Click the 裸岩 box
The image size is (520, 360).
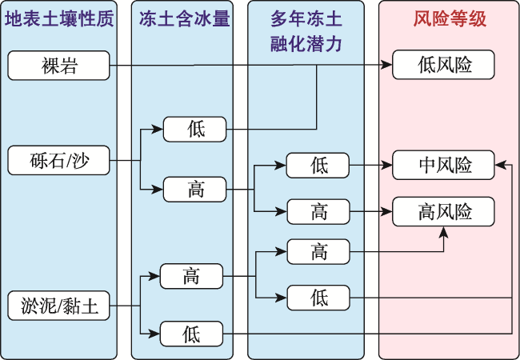[58, 66]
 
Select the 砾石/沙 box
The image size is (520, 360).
[58, 161]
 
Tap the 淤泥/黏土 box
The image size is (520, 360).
[58, 306]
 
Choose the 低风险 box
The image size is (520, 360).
[443, 65]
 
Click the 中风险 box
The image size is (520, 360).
[443, 165]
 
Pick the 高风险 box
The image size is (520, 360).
[443, 211]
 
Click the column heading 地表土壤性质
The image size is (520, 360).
[59, 18]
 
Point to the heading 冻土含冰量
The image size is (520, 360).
[184, 18]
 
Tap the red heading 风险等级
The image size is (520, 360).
[450, 18]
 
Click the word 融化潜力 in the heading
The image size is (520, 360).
[306, 44]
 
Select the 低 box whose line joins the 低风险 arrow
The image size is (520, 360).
[194, 130]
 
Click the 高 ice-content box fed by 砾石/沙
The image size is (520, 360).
[194, 190]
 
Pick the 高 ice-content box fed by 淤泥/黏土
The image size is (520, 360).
[191, 276]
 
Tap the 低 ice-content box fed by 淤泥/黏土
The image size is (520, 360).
[191, 334]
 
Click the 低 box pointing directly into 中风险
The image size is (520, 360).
[318, 166]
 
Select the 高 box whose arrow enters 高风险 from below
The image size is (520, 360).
[318, 252]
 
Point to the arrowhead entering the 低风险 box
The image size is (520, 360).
[387, 65]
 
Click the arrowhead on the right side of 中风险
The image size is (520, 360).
[500, 165]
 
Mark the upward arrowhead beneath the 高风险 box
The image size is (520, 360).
[443, 232]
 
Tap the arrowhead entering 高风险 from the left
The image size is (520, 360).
[387, 211]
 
